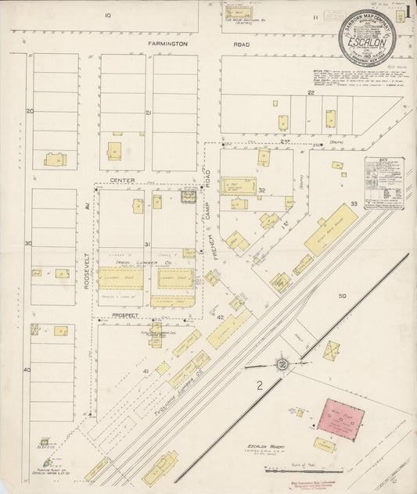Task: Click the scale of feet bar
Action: [x=298, y=471]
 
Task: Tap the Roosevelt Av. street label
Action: [x=88, y=273]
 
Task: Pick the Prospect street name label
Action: [x=125, y=315]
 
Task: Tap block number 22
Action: [x=311, y=92]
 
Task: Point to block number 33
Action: [x=354, y=204]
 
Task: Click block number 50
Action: [x=342, y=296]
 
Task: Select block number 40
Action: [x=27, y=369]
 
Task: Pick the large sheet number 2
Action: [x=259, y=384]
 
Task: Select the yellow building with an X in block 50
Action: [x=332, y=349]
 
